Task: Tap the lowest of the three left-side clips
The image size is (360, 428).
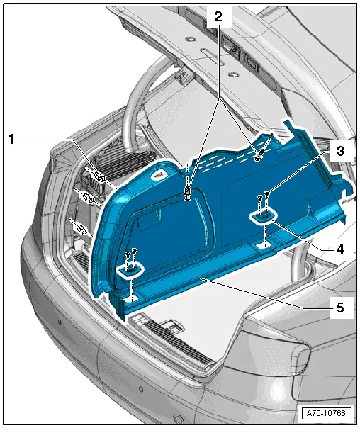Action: pyautogui.click(x=80, y=227)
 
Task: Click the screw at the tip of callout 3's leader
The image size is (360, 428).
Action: pyautogui.click(x=266, y=195)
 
